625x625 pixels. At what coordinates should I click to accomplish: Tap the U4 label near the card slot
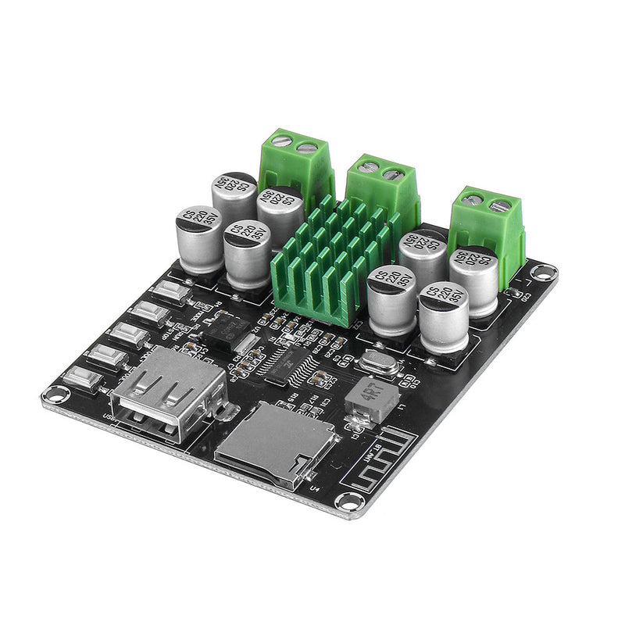316,489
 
